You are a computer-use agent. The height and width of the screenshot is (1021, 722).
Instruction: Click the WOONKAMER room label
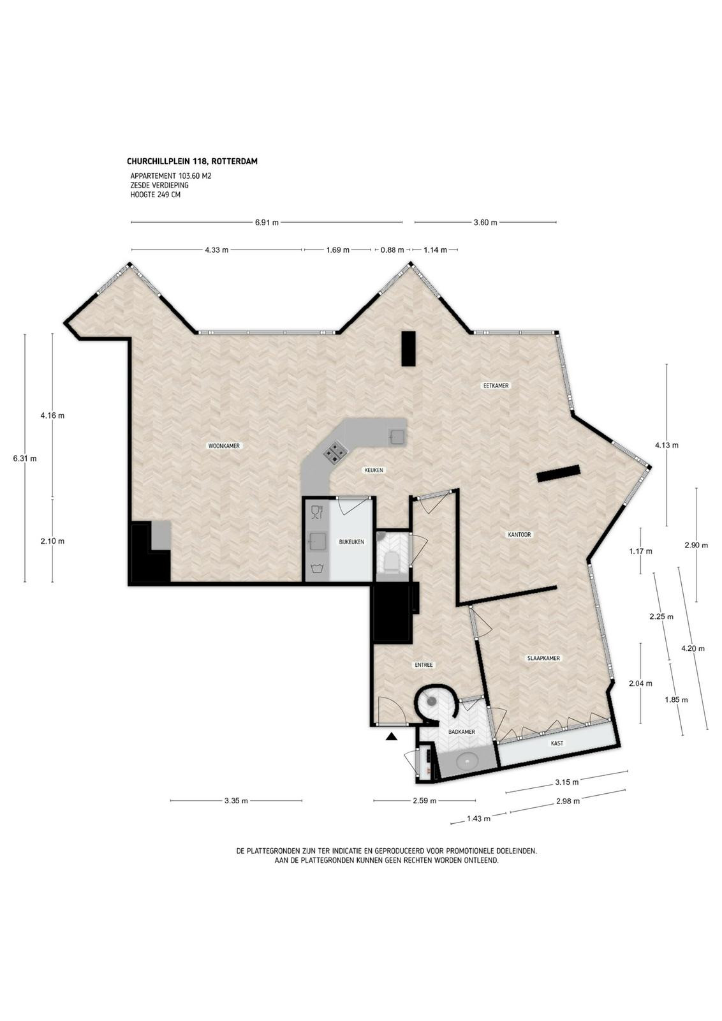224,446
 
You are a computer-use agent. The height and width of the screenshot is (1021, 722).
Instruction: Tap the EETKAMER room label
496,385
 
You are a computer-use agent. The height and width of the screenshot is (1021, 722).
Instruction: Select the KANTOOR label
519,534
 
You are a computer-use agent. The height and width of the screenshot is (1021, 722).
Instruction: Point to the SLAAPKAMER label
543,658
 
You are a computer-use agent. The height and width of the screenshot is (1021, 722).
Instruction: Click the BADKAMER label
461,731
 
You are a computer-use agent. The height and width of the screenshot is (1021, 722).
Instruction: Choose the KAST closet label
557,743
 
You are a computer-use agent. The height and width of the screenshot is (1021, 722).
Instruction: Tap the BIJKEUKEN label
351,542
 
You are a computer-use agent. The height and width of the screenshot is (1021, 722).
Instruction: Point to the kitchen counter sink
395,436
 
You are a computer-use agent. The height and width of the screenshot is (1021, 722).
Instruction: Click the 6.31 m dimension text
25,459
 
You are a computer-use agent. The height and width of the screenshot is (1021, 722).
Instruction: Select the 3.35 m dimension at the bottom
236,800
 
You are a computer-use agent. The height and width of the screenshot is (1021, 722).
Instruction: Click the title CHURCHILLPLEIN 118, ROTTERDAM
192,161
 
